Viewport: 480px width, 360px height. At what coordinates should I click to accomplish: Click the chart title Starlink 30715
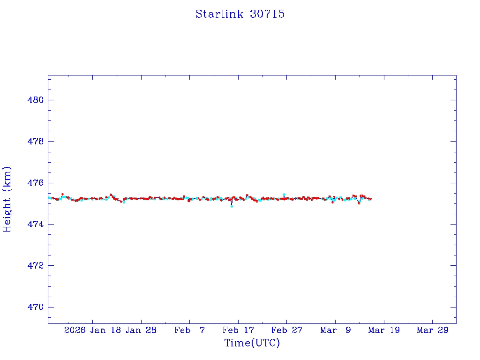pos(240,14)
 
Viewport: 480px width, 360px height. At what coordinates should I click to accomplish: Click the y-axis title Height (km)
pos(7,199)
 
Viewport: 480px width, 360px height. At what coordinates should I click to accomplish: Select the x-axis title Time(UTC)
pos(252,343)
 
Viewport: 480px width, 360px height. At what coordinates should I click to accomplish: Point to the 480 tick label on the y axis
pos(35,100)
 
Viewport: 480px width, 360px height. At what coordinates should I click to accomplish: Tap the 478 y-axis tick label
pos(35,141)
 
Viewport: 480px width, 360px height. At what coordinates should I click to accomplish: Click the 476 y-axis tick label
pos(35,183)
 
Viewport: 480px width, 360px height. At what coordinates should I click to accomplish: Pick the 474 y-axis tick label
pos(35,224)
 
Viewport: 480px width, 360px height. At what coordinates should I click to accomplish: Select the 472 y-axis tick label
pos(35,265)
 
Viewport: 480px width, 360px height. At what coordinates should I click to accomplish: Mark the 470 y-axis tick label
pos(35,307)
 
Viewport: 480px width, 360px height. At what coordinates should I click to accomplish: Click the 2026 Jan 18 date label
pos(92,330)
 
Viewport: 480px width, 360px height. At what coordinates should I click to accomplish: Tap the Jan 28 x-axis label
pos(141,330)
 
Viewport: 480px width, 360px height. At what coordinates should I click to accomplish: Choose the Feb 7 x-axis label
pos(189,330)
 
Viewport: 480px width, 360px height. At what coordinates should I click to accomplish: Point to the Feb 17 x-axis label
pos(238,330)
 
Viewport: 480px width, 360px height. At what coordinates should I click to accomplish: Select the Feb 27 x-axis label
pos(286,330)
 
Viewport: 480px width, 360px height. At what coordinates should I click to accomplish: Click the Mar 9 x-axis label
pos(335,330)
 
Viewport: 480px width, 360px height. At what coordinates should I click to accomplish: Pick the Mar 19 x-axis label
pos(384,330)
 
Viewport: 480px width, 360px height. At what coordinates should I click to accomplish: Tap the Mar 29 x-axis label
pos(432,330)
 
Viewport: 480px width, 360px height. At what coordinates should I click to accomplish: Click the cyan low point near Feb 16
pos(232,206)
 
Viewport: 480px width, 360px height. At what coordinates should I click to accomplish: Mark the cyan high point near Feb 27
pos(284,194)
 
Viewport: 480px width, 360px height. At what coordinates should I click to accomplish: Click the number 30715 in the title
pos(267,14)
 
